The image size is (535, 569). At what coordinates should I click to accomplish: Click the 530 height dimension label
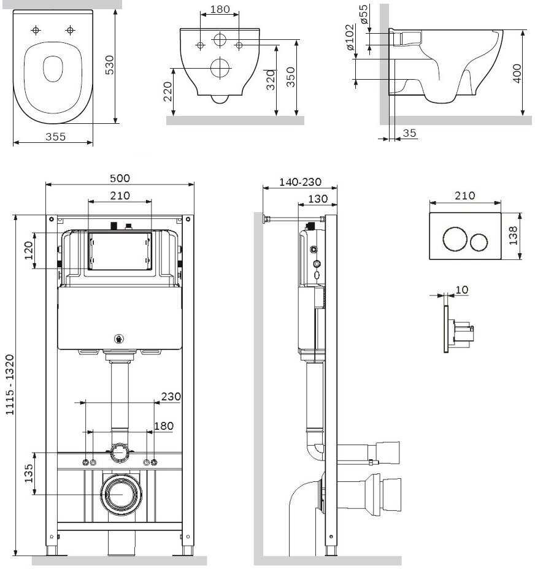(109, 65)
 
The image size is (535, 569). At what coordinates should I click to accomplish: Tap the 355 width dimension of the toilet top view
(56, 137)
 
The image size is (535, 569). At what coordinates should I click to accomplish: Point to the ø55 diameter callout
(364, 15)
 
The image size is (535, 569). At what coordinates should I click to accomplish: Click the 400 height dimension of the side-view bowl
(517, 74)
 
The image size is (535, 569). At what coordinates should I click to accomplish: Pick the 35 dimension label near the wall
(409, 133)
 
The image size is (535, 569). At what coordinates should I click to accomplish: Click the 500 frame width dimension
(120, 178)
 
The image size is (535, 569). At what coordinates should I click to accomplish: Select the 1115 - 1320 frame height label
(10, 385)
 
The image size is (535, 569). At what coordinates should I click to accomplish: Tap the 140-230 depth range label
(301, 182)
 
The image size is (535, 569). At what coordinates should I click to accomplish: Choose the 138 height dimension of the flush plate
(513, 235)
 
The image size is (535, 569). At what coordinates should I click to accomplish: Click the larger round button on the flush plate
(455, 239)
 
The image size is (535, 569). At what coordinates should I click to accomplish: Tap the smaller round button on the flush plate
(479, 242)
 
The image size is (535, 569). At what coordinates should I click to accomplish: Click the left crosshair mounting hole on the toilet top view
(36, 30)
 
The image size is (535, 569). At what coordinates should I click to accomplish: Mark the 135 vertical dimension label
(29, 473)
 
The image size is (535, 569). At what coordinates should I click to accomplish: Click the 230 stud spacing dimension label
(171, 396)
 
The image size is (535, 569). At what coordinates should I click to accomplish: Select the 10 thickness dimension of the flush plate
(461, 289)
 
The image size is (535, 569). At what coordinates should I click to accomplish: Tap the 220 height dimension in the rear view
(167, 91)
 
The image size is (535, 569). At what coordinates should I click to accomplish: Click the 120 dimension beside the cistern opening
(29, 250)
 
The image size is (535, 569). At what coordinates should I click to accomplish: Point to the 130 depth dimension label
(318, 199)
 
